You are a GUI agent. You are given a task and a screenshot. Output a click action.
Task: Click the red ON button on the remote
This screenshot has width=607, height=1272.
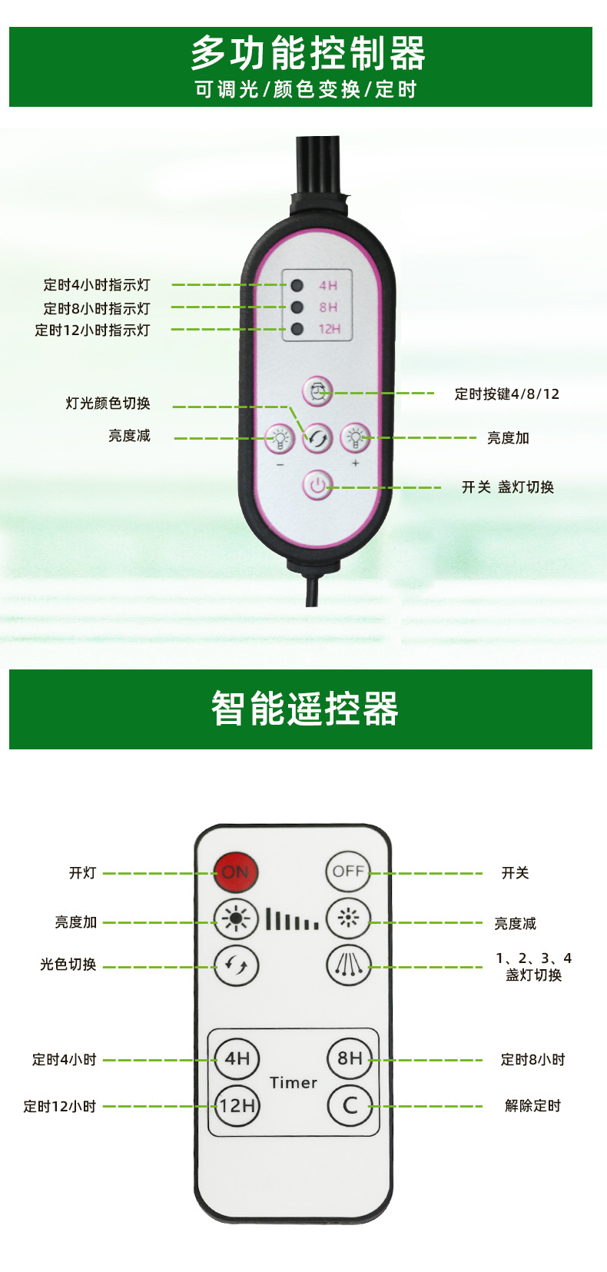(x=236, y=872)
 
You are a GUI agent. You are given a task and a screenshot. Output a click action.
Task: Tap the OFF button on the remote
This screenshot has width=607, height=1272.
(x=348, y=872)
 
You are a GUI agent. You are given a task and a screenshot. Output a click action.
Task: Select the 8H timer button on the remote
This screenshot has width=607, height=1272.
(x=350, y=1058)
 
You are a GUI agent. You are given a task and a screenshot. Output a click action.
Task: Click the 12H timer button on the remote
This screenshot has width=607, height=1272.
(x=237, y=1106)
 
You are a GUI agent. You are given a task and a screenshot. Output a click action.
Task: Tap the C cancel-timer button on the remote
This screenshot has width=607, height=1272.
(x=350, y=1106)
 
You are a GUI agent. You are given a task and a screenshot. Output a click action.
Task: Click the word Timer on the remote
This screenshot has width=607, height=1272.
(x=294, y=1083)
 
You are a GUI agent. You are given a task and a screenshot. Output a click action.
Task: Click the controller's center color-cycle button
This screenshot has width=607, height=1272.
(x=317, y=438)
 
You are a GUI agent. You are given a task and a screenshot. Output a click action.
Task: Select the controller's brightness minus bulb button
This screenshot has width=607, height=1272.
(x=280, y=438)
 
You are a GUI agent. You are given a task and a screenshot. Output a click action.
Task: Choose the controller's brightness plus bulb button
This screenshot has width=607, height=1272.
(x=355, y=438)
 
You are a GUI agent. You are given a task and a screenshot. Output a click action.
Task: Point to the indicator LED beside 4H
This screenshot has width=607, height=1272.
(x=297, y=286)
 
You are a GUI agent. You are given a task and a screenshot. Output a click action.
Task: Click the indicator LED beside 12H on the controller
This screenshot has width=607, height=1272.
(x=297, y=330)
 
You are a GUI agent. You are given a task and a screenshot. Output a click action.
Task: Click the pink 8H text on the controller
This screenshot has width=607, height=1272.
(x=329, y=307)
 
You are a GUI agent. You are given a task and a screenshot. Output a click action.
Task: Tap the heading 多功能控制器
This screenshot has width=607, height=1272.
(x=307, y=54)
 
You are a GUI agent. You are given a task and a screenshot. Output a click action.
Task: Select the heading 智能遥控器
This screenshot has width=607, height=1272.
(x=305, y=709)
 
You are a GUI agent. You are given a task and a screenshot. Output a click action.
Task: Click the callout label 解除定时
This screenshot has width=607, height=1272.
(x=532, y=1106)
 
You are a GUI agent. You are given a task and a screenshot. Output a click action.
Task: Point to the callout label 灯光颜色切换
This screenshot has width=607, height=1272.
(x=108, y=404)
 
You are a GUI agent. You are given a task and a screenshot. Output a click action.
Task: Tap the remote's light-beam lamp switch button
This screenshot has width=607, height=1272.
(x=349, y=965)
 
